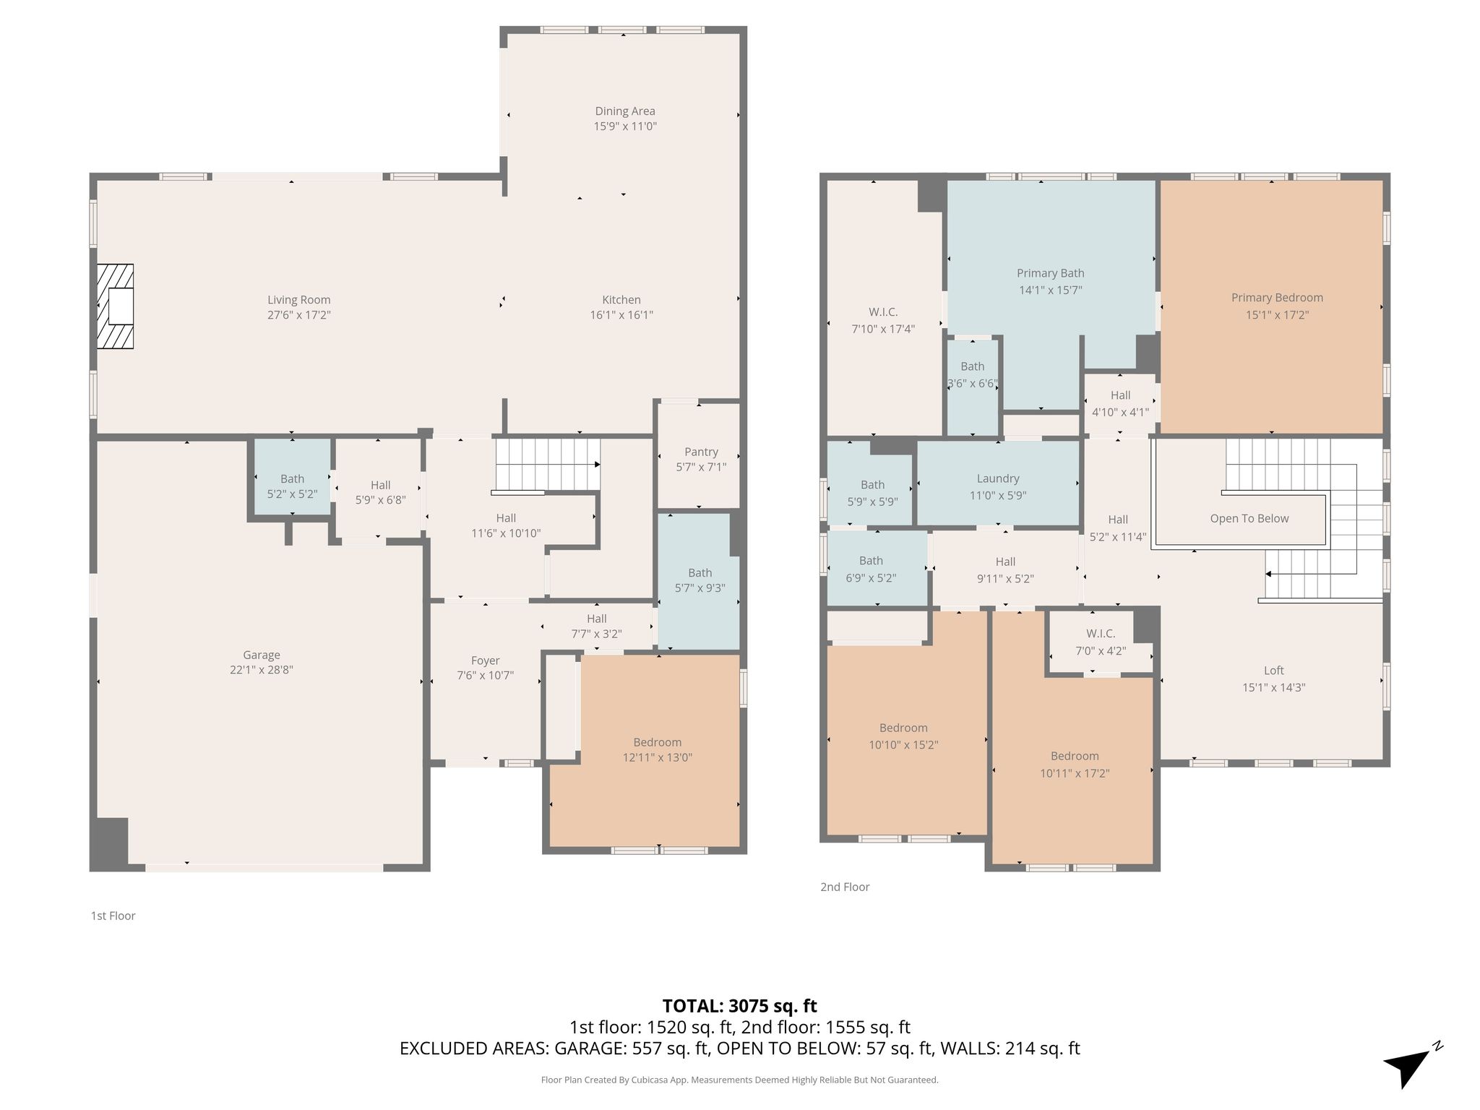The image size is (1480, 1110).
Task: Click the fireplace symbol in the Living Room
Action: [x=116, y=306]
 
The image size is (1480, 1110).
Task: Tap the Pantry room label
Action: [x=701, y=452]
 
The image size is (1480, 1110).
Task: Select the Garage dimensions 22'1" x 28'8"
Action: [x=261, y=670]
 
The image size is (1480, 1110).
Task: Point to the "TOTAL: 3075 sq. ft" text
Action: [x=739, y=1006]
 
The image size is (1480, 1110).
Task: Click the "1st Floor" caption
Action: [x=113, y=916]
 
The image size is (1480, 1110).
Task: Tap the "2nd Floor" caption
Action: [x=845, y=887]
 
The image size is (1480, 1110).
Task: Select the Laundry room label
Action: [x=998, y=478]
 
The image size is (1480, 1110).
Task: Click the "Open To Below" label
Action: [x=1249, y=518]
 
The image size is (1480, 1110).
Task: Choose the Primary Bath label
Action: [x=1050, y=273]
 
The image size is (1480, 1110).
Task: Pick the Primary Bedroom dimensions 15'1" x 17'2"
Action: [x=1277, y=315]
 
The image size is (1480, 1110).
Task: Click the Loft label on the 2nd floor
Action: [x=1273, y=671]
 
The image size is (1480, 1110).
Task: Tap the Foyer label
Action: [x=485, y=661]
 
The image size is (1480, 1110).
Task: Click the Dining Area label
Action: [x=625, y=111]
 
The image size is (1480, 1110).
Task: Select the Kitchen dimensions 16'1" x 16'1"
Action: [x=621, y=315]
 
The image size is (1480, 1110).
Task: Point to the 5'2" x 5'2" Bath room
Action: [x=292, y=478]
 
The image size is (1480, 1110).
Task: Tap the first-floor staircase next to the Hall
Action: [x=548, y=465]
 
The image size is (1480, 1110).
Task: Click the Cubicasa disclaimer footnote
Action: [x=739, y=1080]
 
